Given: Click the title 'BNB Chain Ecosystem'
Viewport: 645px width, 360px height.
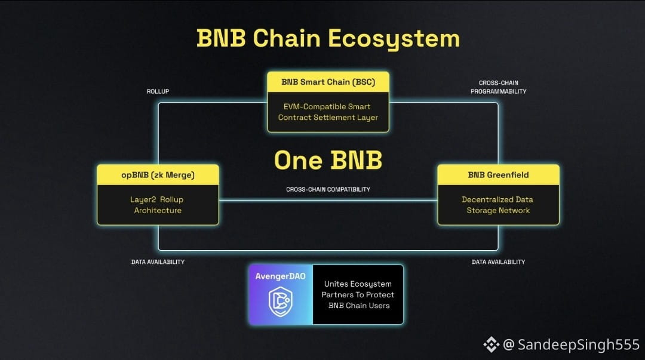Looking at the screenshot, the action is tap(328, 39).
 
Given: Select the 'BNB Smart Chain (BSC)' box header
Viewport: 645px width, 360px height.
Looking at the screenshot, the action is tap(328, 82).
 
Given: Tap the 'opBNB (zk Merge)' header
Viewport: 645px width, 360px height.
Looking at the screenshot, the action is tap(158, 175).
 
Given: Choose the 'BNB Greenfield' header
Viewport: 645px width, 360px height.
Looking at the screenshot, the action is tap(498, 175).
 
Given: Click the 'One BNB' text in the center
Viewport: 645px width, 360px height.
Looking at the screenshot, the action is tap(328, 160).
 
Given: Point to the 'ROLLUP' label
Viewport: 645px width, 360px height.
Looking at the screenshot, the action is tap(158, 91).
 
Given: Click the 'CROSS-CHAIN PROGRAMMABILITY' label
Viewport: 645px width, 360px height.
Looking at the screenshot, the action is tap(499, 87).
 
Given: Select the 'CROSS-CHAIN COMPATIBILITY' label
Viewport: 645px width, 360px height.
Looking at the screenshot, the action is tap(328, 189).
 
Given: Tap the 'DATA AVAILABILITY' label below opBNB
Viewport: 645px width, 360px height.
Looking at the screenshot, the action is tap(158, 261).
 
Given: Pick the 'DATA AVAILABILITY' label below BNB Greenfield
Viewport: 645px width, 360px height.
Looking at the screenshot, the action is tap(498, 261).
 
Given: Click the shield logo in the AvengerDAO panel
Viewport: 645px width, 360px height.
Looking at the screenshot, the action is tap(281, 301).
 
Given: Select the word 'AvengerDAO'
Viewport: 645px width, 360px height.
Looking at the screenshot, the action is tap(281, 276).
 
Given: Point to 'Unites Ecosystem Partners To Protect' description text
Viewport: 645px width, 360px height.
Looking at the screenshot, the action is tap(358, 289).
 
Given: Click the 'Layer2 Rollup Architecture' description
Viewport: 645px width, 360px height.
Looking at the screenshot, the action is tap(157, 205).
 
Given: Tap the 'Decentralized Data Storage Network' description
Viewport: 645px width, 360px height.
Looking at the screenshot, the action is tap(497, 205).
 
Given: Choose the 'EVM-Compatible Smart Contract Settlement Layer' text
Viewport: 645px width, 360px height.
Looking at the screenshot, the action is tap(328, 112).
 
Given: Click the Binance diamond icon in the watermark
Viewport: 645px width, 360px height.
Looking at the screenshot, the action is tap(491, 344).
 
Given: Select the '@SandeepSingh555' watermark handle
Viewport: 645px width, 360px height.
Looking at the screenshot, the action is tap(572, 344).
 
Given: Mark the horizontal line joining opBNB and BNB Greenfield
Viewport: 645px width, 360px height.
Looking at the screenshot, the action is tap(328, 201).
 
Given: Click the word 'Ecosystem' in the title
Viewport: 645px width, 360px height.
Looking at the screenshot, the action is tap(394, 39).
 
